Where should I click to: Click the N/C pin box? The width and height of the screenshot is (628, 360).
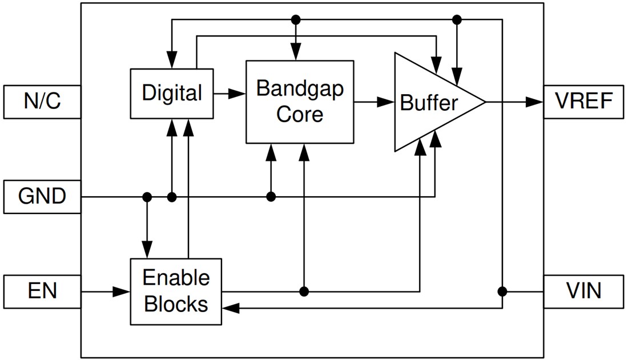[42, 102]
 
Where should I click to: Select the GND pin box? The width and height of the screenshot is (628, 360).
[42, 197]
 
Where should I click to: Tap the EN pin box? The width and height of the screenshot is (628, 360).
[42, 292]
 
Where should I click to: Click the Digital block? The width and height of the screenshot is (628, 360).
[172, 92]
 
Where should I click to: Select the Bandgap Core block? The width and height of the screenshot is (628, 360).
[300, 102]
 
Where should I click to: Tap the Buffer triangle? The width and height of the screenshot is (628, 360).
[428, 103]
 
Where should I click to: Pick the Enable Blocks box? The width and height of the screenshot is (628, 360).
[176, 292]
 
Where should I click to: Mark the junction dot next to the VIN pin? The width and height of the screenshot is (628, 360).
[502, 291]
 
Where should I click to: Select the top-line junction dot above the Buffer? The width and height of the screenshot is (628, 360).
[456, 20]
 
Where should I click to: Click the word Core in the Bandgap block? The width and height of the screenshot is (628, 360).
[300, 114]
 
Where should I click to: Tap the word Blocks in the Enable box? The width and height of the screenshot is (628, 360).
[176, 304]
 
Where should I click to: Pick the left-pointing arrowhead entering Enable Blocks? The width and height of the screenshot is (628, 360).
[230, 309]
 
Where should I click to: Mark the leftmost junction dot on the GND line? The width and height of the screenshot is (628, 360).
[147, 197]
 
